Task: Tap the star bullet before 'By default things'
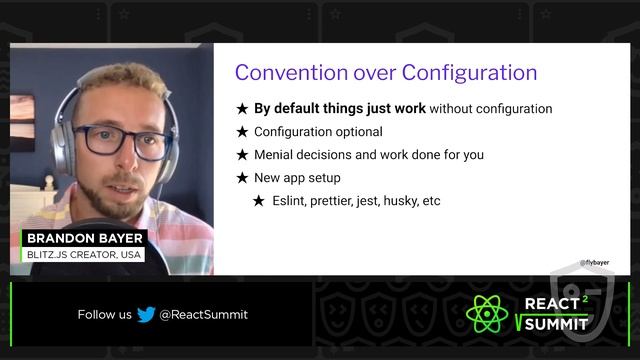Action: click(242, 109)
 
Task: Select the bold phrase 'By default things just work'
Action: click(339, 108)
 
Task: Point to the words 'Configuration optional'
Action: click(318, 132)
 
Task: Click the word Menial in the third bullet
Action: click(277, 155)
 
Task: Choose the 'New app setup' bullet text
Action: click(297, 178)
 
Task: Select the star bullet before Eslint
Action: click(258, 201)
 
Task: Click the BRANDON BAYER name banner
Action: click(85, 238)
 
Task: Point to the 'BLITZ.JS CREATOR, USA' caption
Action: click(85, 255)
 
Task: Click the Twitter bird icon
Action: click(146, 314)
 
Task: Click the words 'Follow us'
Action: click(104, 314)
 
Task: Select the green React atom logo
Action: click(488, 314)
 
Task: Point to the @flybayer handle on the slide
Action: click(596, 264)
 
